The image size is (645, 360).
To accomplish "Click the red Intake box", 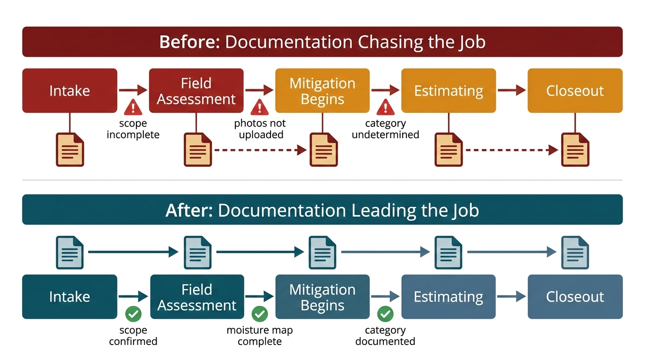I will point(69,90).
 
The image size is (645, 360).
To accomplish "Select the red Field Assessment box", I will point(196,90).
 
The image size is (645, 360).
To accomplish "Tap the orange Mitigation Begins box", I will point(322,90).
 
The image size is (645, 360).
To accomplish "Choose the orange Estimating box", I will point(448,90).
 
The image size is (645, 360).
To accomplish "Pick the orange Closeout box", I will point(575,90).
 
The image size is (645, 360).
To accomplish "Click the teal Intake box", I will point(69,297).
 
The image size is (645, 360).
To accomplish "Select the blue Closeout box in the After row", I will point(575,297).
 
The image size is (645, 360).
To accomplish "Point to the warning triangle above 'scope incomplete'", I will point(133,107).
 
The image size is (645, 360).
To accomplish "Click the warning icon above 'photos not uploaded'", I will point(259,107).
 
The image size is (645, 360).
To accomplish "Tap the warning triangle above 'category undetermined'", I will point(385,107).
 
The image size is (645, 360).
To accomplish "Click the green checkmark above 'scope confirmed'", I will point(133,313).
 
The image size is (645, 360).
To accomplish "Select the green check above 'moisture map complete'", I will point(259,313).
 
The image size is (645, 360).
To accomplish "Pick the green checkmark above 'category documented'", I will point(385,313).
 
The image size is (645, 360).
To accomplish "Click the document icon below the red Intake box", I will point(70,150).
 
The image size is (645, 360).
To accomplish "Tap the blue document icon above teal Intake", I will point(70,252).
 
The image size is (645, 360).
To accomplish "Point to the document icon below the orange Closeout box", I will point(575,150).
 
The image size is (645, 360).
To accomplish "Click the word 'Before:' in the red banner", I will point(189,42).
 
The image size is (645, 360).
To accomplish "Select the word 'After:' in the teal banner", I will point(189,210).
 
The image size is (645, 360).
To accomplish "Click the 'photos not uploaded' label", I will point(260,129).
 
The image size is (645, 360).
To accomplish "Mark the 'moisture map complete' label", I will point(260,336).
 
